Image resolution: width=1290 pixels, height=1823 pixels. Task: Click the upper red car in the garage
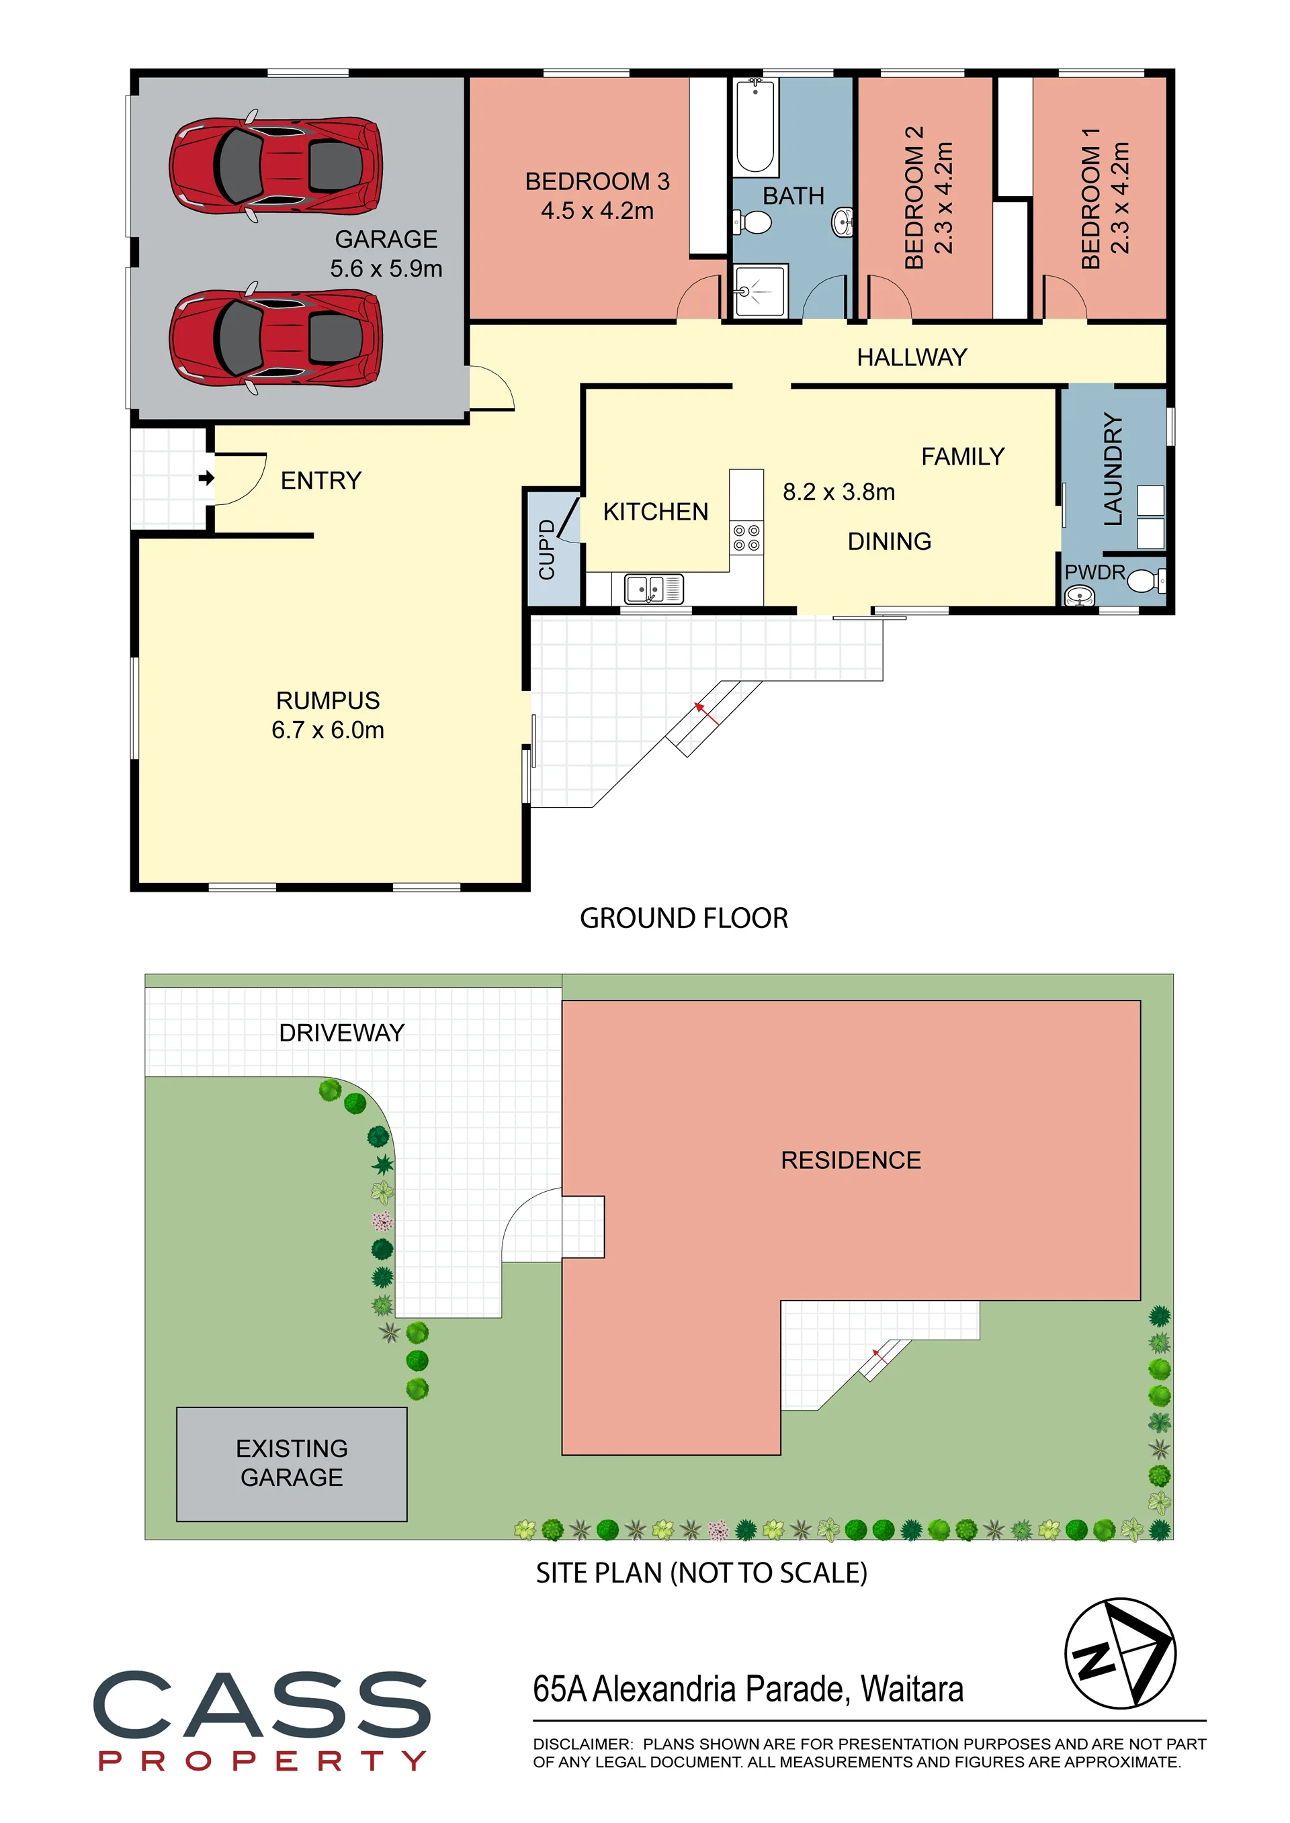pos(275,165)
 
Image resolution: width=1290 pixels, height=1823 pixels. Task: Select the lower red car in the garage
pos(275,338)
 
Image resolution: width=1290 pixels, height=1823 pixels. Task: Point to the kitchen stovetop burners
pos(746,538)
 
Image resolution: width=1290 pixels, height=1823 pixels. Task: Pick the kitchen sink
pos(654,588)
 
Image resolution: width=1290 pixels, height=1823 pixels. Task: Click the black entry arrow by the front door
pos(206,478)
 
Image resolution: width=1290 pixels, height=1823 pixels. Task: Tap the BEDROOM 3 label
pos(597,182)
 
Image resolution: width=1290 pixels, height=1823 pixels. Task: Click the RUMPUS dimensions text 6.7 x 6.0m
pos(328,730)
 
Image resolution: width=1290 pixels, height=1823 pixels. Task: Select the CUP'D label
pos(546,549)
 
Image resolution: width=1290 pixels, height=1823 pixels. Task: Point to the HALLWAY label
pos(912,357)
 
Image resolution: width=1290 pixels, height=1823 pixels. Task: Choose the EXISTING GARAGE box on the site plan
pos(292,1464)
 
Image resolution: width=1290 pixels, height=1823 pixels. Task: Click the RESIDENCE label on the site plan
pos(851,1160)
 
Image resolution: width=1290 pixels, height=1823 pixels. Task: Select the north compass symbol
pos(1119,1654)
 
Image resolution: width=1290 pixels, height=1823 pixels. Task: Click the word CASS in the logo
pos(262,1704)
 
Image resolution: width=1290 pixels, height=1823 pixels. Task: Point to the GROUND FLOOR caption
pos(684,918)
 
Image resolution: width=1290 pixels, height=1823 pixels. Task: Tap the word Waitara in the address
pos(912,1689)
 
